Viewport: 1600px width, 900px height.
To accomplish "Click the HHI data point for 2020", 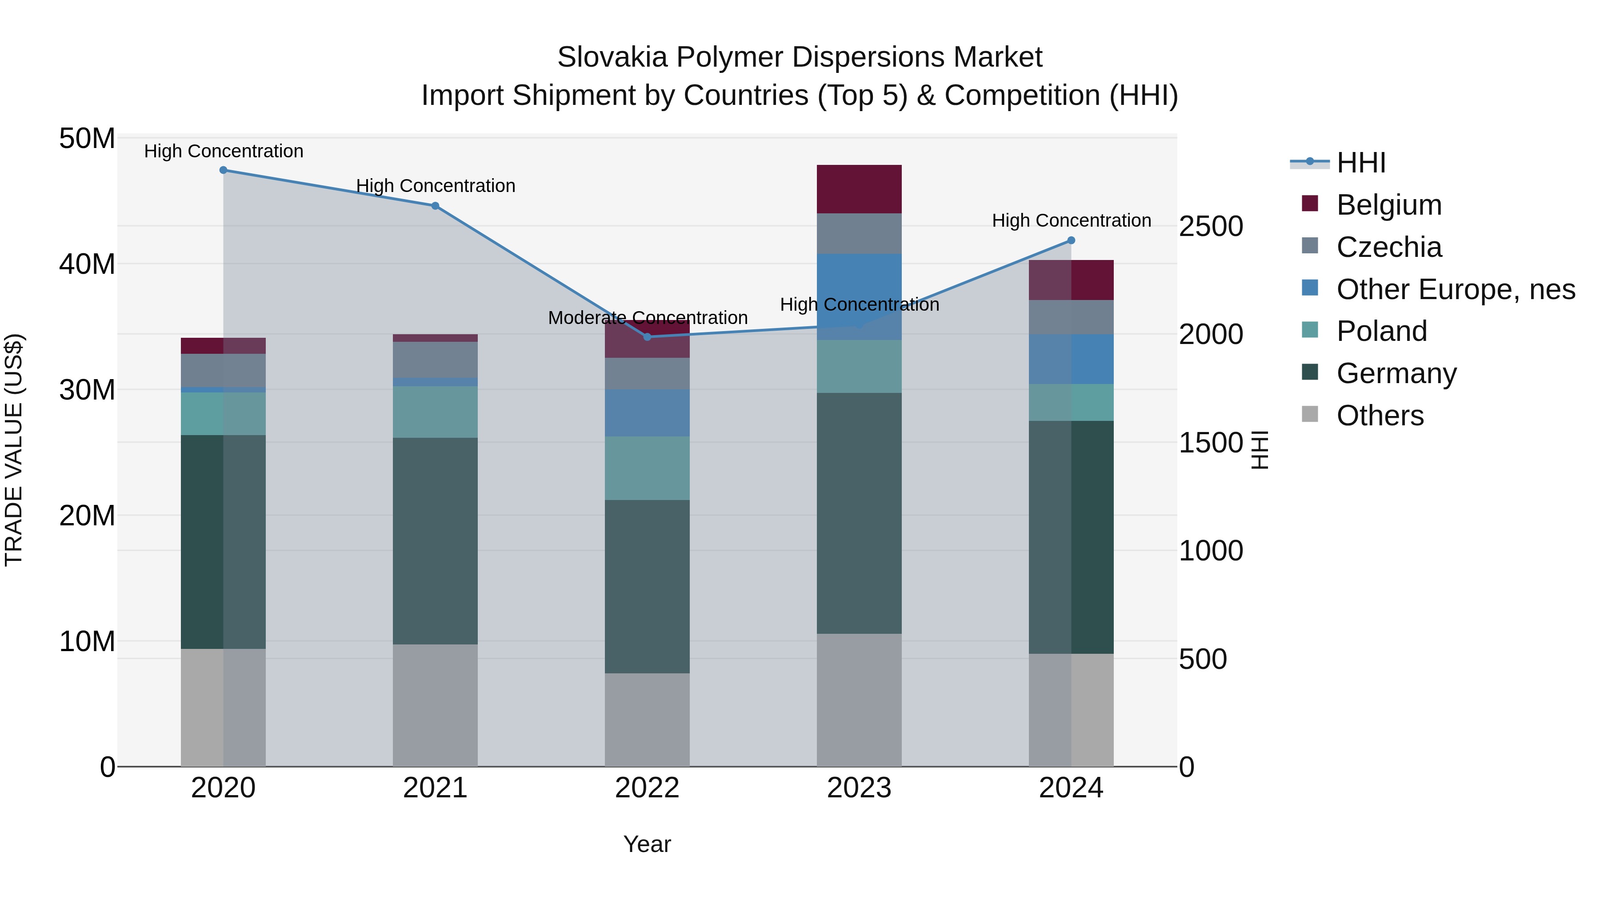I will [223, 170].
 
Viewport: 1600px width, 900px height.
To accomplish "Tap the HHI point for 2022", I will [647, 336].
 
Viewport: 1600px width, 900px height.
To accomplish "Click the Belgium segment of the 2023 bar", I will [859, 189].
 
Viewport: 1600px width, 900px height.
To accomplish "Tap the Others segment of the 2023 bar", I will [859, 700].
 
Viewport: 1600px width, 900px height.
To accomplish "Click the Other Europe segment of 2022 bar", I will [647, 412].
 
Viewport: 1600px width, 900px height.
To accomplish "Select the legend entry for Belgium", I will [1389, 205].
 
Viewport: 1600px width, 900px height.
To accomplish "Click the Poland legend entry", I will [1381, 331].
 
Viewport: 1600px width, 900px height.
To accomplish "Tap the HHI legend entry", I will [1360, 163].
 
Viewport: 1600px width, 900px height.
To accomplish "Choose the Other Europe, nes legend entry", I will [1455, 289].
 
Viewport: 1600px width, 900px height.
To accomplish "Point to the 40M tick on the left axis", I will [87, 264].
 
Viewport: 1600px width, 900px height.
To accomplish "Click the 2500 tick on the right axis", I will [1211, 227].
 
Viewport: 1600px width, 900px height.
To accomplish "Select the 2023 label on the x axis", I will [859, 788].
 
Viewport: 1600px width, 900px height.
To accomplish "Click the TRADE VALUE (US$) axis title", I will [14, 450].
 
